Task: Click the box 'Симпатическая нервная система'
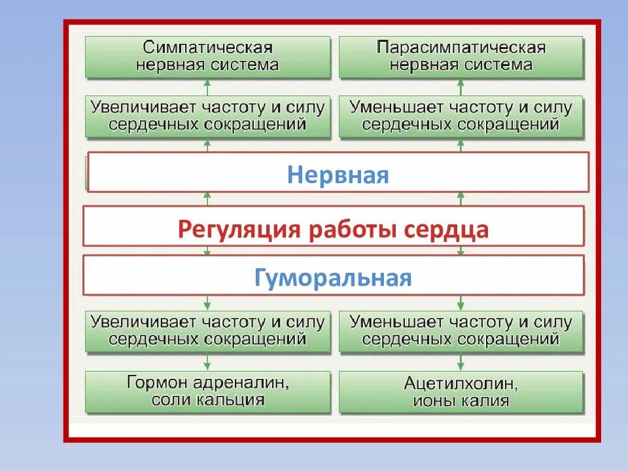point(207,57)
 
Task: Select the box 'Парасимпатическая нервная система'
point(461,57)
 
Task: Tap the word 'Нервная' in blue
point(338,175)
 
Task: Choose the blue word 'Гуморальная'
point(333,278)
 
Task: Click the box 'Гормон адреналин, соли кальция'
point(207,391)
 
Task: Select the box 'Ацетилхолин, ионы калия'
point(461,391)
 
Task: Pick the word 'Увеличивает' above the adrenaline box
point(137,323)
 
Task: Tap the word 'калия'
point(487,400)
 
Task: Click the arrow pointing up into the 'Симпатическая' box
point(207,86)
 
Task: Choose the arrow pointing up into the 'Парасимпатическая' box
point(461,86)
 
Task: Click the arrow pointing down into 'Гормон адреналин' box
point(207,362)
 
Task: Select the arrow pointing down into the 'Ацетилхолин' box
point(461,362)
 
